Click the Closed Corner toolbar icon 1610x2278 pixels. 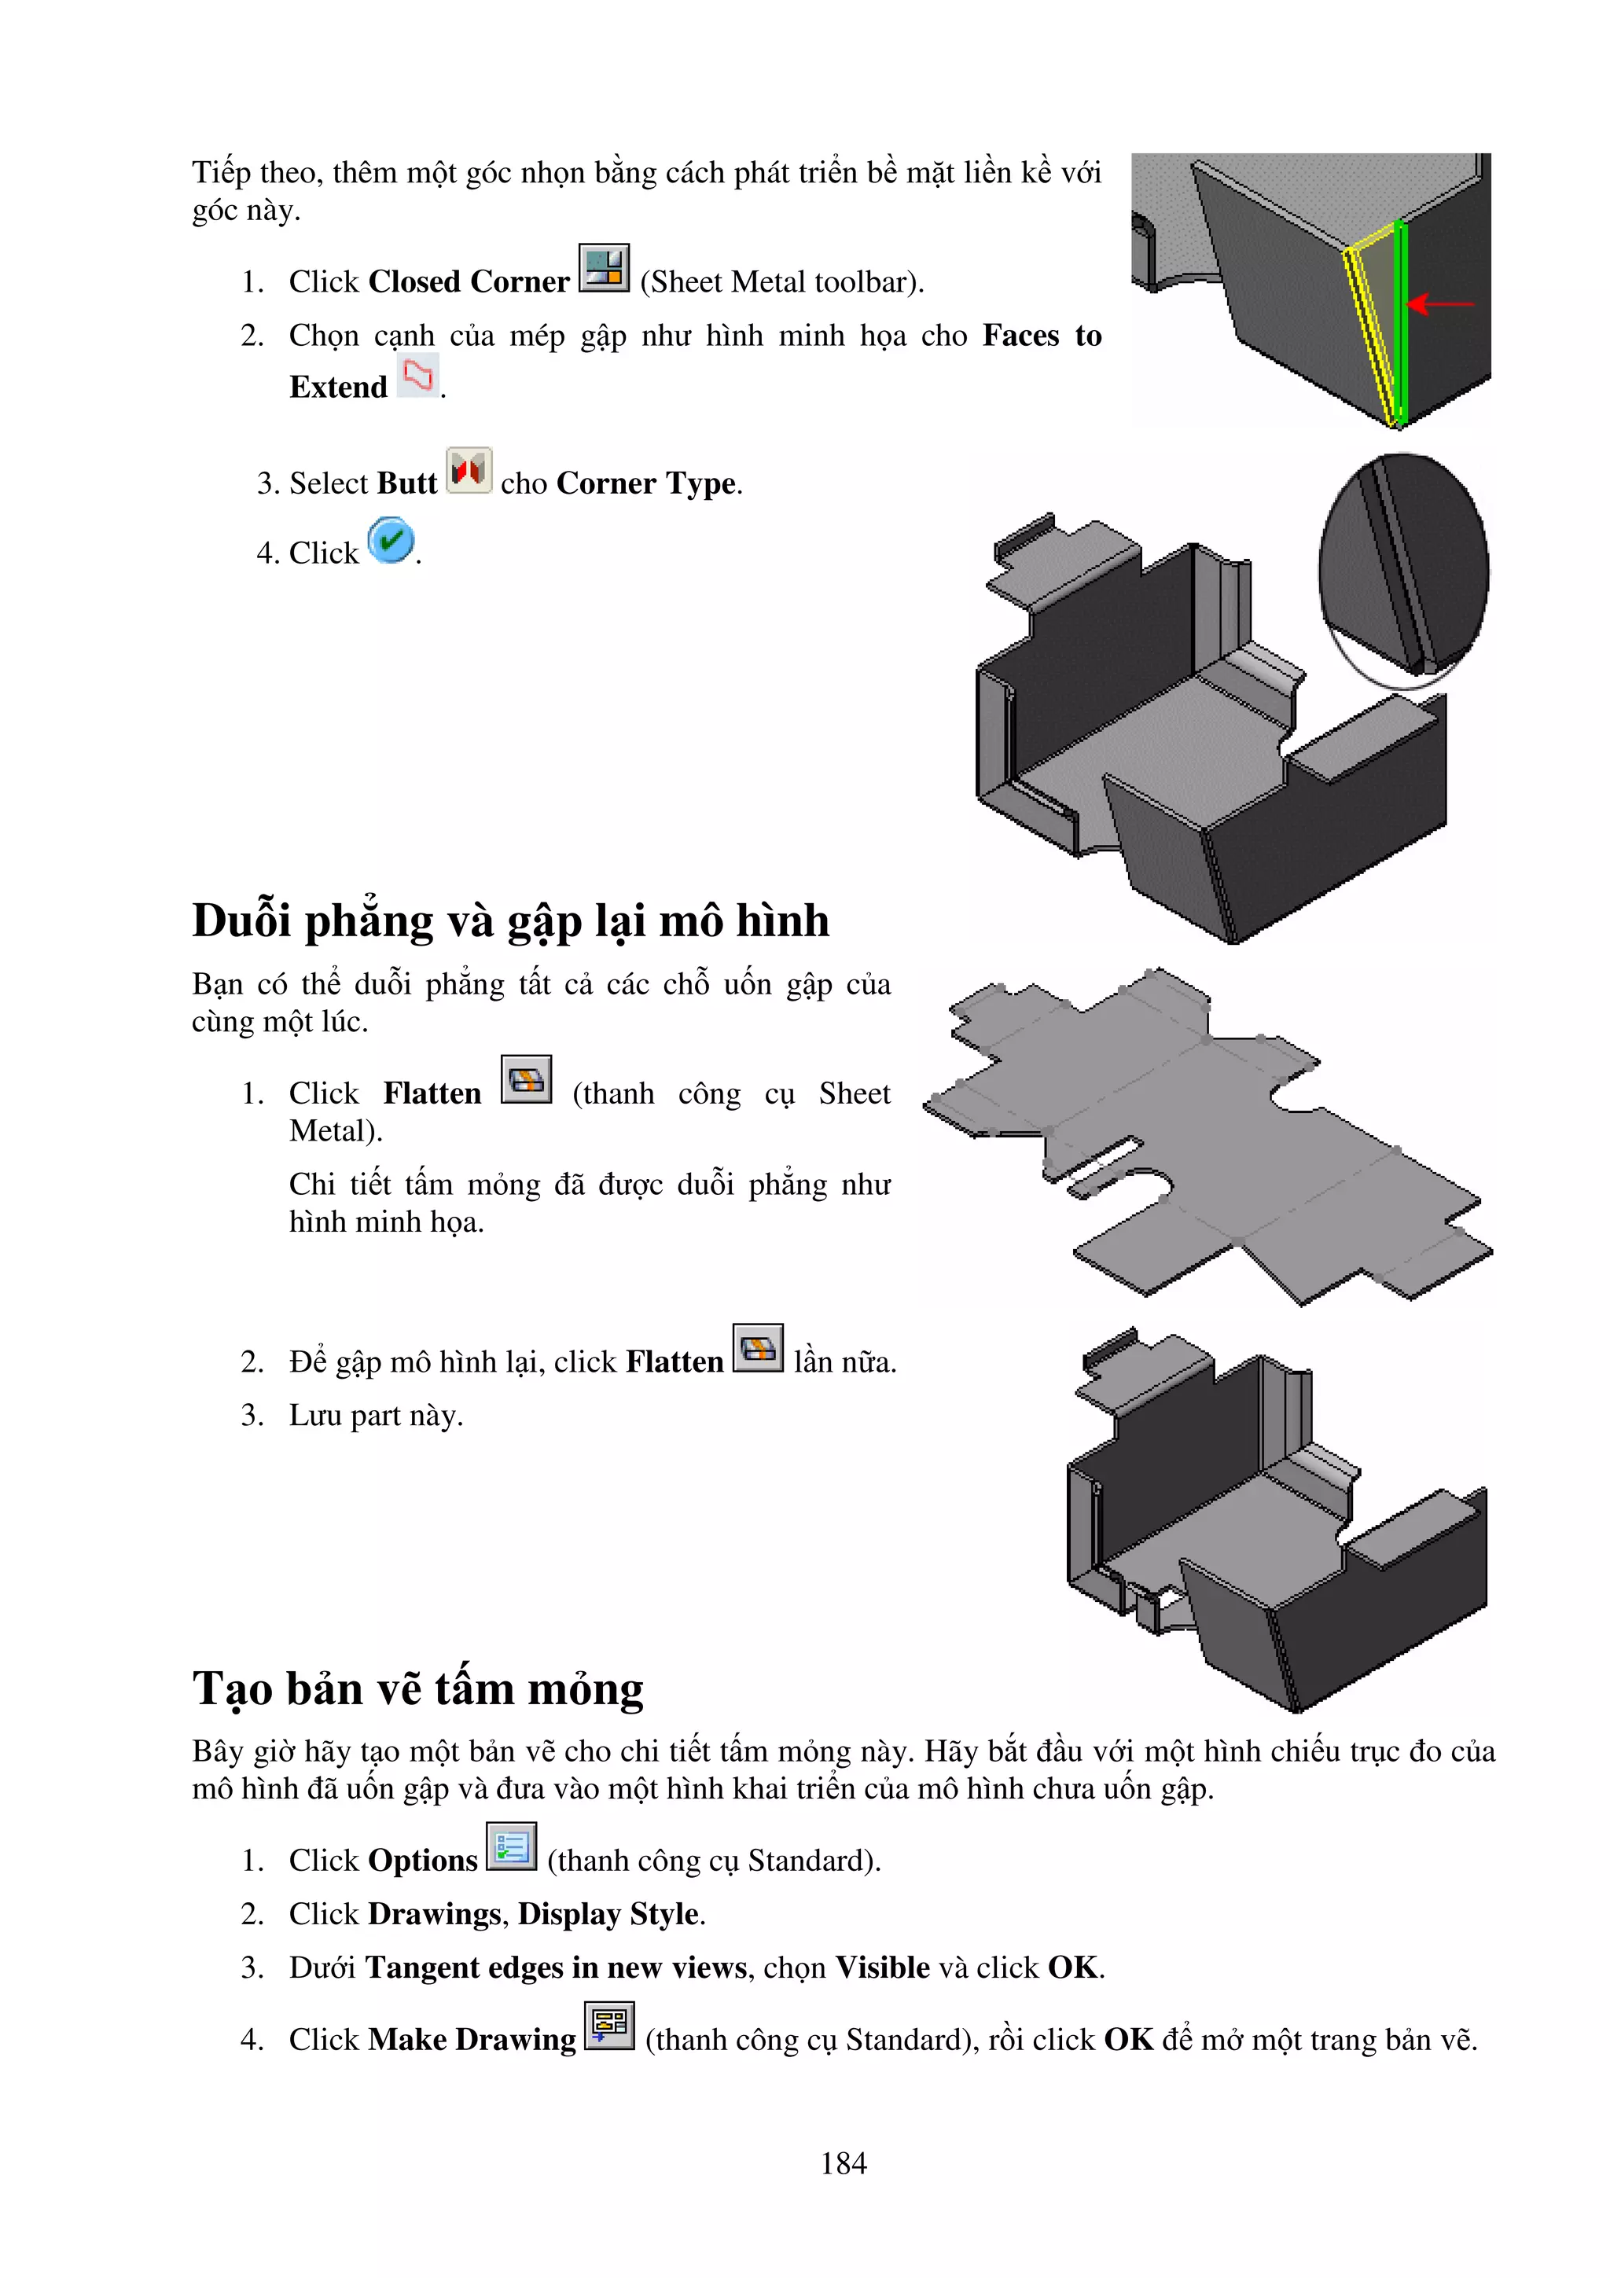[x=603, y=268]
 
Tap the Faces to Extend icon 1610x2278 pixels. [x=417, y=376]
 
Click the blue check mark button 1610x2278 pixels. [x=391, y=541]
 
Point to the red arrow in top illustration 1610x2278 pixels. [x=1439, y=303]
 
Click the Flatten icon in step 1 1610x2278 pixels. [x=526, y=1079]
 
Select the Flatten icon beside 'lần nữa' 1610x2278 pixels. [x=758, y=1348]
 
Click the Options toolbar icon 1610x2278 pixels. [x=511, y=1846]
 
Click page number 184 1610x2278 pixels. [x=844, y=2163]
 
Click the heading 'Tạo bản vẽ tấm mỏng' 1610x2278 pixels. [x=417, y=1688]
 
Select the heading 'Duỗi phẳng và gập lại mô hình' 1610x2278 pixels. [x=510, y=920]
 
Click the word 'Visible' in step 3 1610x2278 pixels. [x=882, y=1968]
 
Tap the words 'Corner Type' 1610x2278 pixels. [x=647, y=483]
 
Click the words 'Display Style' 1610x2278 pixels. [x=609, y=1914]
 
